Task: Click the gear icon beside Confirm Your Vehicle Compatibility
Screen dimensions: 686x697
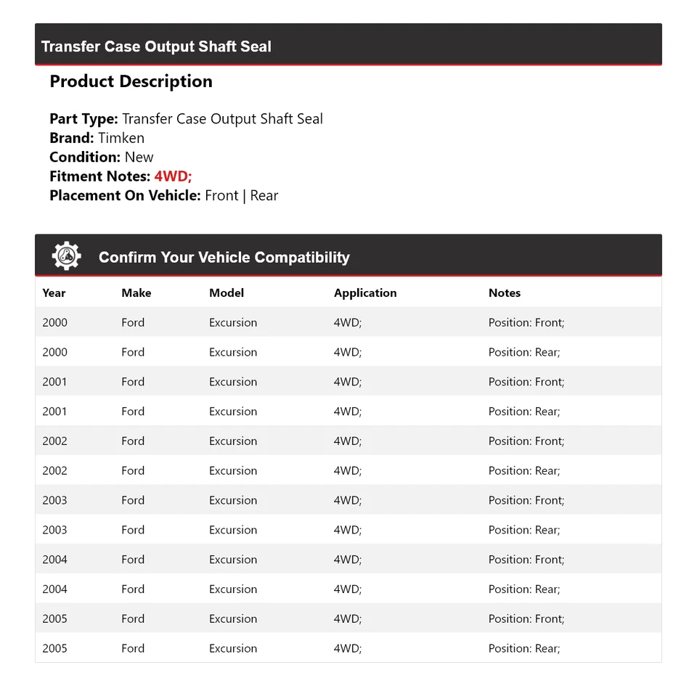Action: pos(66,256)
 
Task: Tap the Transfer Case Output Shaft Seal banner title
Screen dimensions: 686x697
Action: pos(156,46)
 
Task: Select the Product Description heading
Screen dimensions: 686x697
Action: pos(131,81)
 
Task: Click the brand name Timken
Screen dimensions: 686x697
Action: pos(121,138)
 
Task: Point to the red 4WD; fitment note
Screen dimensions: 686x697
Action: pos(173,176)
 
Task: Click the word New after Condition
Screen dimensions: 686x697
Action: pos(139,157)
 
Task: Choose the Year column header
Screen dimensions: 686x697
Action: pos(54,293)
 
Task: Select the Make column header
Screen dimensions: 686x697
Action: pos(136,293)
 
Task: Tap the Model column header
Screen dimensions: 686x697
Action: pos(227,293)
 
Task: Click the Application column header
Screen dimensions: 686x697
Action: pos(365,293)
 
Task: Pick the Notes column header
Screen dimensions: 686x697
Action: pos(505,293)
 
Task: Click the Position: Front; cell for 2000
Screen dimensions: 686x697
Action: pos(526,322)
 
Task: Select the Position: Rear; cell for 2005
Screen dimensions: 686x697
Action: pos(524,648)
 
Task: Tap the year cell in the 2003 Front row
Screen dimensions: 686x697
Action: pos(54,500)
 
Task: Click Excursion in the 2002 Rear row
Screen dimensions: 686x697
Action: pos(233,470)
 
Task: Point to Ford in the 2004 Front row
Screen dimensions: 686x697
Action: pos(133,560)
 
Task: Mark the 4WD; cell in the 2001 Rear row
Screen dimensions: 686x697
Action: pos(348,411)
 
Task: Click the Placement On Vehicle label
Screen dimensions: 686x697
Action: pos(125,195)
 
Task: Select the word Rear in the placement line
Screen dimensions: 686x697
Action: pos(264,195)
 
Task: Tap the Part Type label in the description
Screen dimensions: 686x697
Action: pos(83,119)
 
